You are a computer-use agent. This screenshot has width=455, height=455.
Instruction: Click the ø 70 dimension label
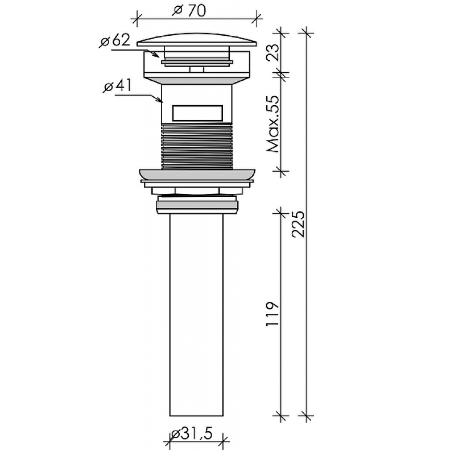189,10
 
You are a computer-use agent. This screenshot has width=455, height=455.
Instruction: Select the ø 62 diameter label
115,40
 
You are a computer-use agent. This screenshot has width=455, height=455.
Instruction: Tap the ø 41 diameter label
117,86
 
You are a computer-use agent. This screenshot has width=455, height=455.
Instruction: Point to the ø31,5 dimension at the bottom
192,434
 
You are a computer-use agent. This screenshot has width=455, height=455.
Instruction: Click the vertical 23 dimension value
273,52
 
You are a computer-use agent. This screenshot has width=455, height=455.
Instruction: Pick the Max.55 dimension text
273,124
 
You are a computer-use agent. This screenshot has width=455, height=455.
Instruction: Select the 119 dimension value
272,314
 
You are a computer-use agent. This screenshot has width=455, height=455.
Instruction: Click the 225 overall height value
298,224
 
